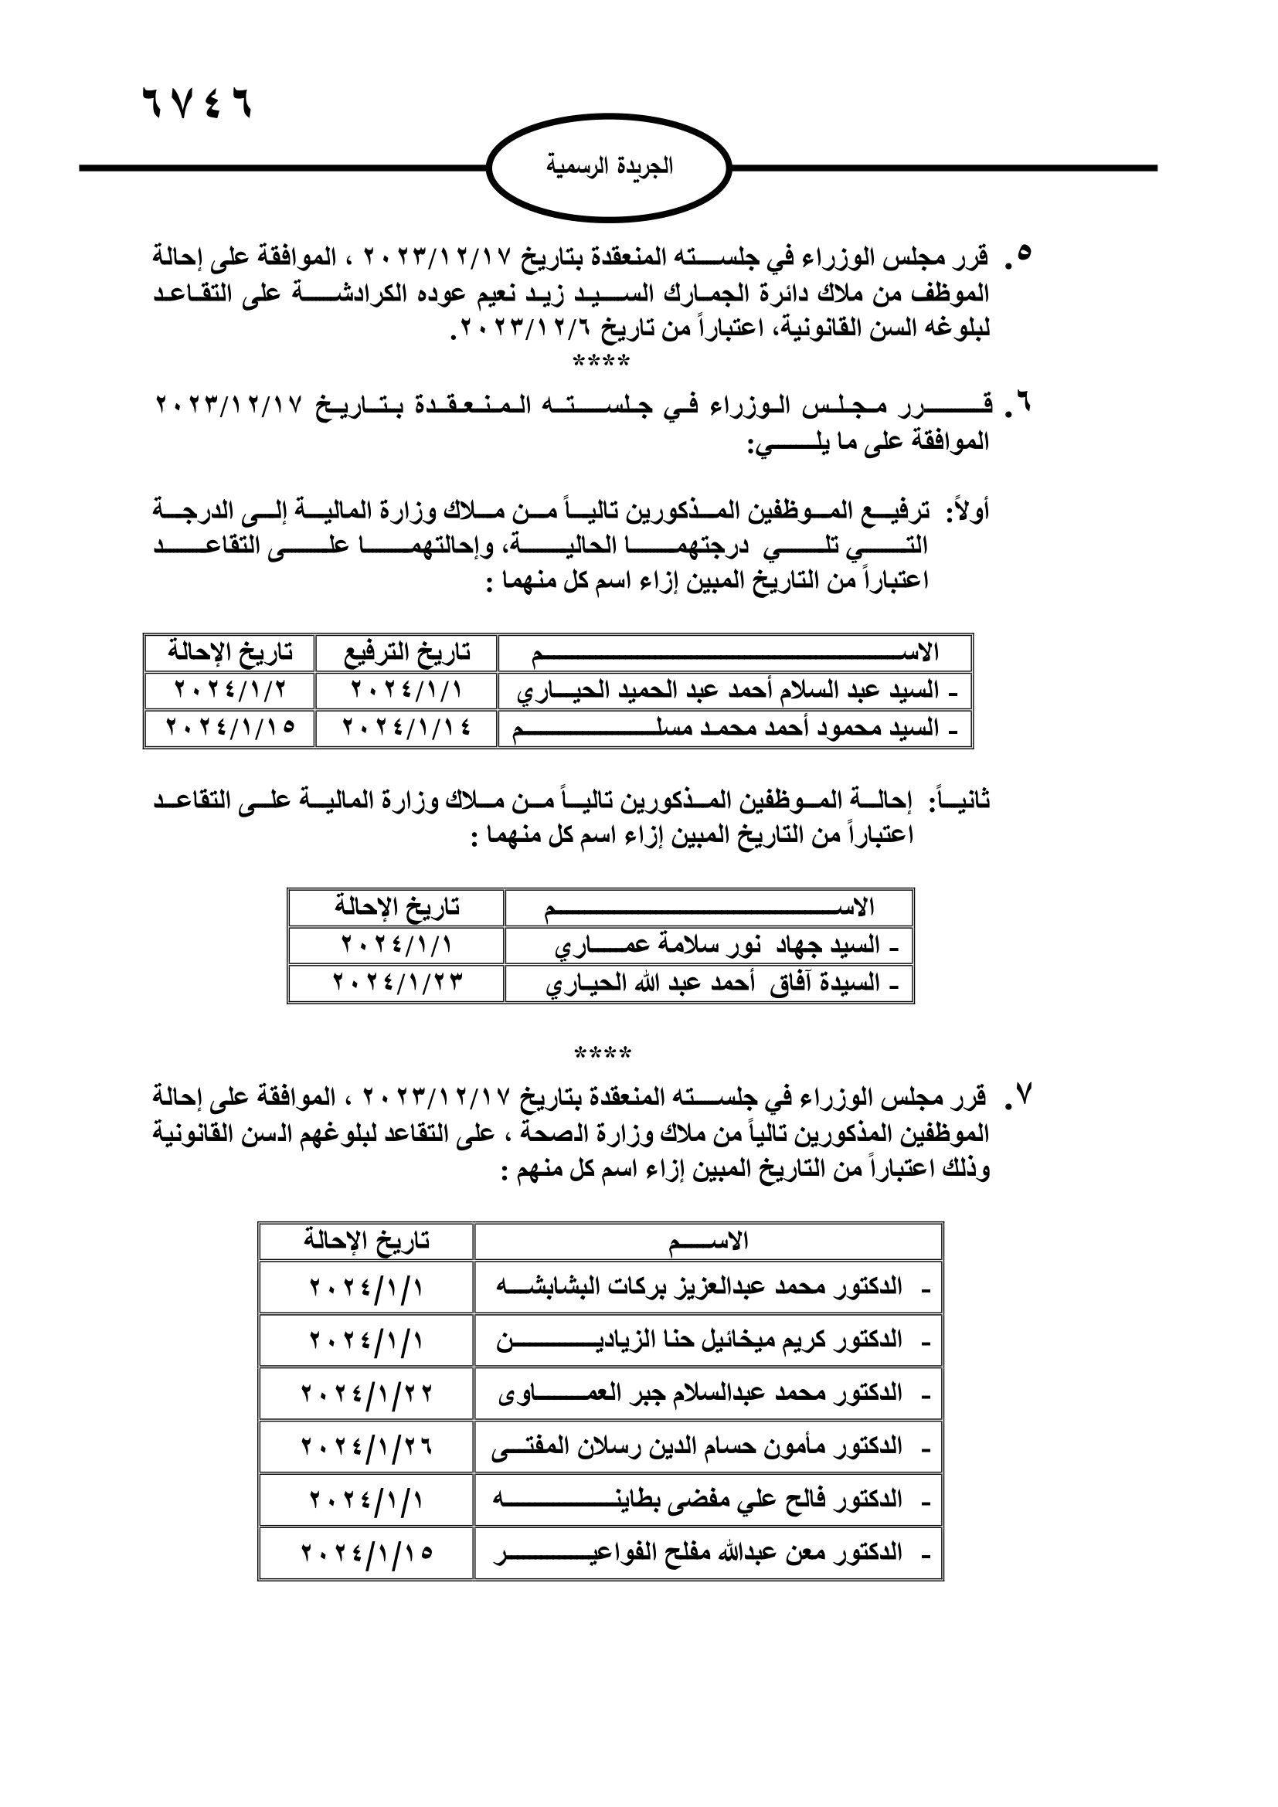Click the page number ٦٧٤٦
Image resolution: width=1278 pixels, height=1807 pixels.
click(x=197, y=103)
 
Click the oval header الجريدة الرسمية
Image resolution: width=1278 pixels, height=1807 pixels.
click(x=609, y=168)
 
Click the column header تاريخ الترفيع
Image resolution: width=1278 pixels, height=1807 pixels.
click(x=407, y=653)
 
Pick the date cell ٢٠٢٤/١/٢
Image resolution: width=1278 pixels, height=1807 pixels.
click(x=229, y=690)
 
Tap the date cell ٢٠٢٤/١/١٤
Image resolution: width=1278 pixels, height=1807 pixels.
click(x=407, y=728)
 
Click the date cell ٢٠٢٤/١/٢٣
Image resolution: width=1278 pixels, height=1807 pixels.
click(x=396, y=983)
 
